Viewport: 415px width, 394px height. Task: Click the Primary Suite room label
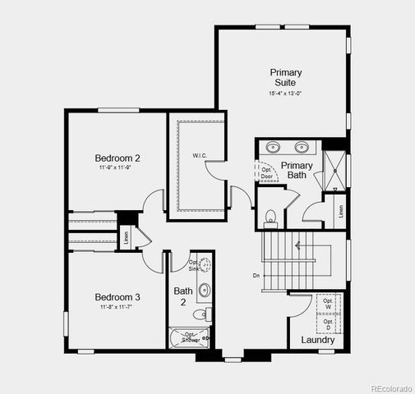pos(285,78)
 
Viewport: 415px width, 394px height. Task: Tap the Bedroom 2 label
pos(118,158)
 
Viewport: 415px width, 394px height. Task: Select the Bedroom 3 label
pos(118,296)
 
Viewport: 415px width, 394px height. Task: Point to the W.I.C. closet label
pos(200,155)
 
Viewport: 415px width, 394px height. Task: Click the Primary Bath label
pos(297,170)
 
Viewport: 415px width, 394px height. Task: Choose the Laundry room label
pos(317,340)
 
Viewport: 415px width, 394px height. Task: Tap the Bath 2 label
pos(182,296)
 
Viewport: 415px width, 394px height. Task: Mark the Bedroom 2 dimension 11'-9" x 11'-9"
pos(118,167)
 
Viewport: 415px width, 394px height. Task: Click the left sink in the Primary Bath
pos(274,149)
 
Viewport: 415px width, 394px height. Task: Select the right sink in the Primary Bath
pos(302,149)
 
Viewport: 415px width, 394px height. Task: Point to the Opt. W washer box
pos(329,303)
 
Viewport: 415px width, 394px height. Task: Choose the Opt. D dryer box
pos(329,323)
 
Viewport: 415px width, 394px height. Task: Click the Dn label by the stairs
pos(256,275)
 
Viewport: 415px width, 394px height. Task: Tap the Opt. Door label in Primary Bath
pos(266,172)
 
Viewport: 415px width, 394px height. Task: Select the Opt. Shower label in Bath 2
pos(190,337)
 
